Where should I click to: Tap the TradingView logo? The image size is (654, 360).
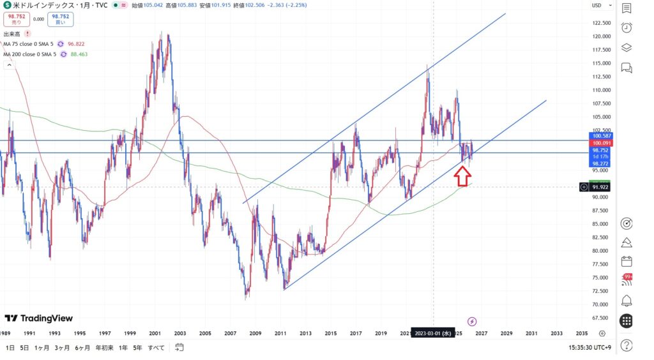pyautogui.click(x=39, y=318)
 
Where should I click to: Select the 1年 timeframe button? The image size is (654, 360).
pyautogui.click(x=123, y=347)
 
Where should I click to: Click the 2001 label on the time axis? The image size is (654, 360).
pyautogui.click(x=155, y=333)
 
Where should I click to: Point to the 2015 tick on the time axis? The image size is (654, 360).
pyautogui.click(x=331, y=333)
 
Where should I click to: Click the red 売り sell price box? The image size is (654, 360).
pyautogui.click(x=17, y=19)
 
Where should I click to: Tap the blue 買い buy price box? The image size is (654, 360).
pyautogui.click(x=61, y=19)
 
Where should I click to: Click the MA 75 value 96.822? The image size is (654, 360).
pyautogui.click(x=76, y=44)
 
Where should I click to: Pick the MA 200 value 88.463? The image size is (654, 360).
pyautogui.click(x=79, y=55)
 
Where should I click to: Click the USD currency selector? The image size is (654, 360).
pyautogui.click(x=598, y=6)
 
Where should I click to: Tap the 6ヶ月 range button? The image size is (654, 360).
pyautogui.click(x=82, y=347)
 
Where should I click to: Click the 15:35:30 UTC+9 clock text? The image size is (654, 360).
pyautogui.click(x=593, y=347)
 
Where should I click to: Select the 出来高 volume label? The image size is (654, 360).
pyautogui.click(x=12, y=33)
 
